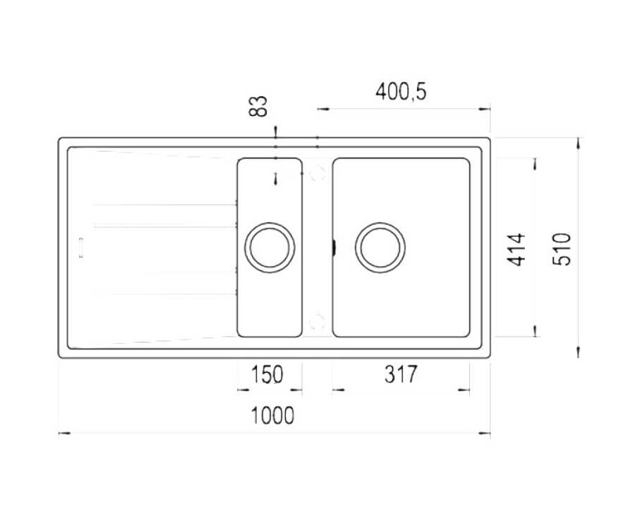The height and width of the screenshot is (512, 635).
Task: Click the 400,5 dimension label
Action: point(401,92)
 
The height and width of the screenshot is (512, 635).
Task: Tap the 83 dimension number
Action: point(258,106)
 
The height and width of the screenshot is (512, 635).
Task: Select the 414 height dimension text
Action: point(517,250)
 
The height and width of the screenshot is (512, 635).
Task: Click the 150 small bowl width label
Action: point(267,374)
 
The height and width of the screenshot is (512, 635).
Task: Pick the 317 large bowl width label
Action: point(401,374)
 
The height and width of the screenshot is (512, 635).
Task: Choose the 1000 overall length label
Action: point(272,415)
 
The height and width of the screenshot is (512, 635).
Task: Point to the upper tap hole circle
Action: point(317,174)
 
